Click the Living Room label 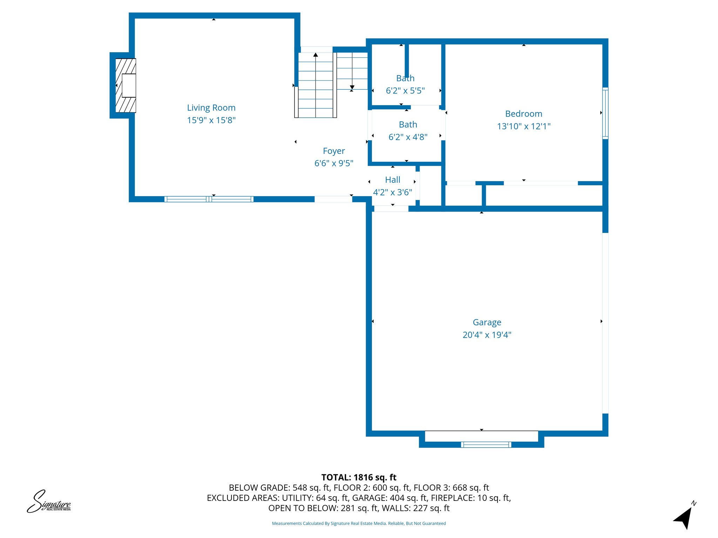click(211, 108)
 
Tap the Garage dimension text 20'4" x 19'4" click(487, 335)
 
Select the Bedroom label click(523, 113)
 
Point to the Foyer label click(334, 151)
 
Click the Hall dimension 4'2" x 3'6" click(392, 192)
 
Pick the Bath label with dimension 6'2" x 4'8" click(408, 125)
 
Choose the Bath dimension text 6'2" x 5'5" click(405, 91)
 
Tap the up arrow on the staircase click(316, 55)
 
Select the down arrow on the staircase click(352, 87)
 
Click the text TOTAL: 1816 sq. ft click(359, 477)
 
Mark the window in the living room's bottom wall click(209, 199)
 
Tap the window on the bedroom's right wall click(605, 113)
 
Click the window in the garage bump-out click(486, 444)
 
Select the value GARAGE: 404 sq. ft click(390, 498)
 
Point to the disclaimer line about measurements click(359, 523)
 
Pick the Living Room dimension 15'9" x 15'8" click(211, 120)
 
